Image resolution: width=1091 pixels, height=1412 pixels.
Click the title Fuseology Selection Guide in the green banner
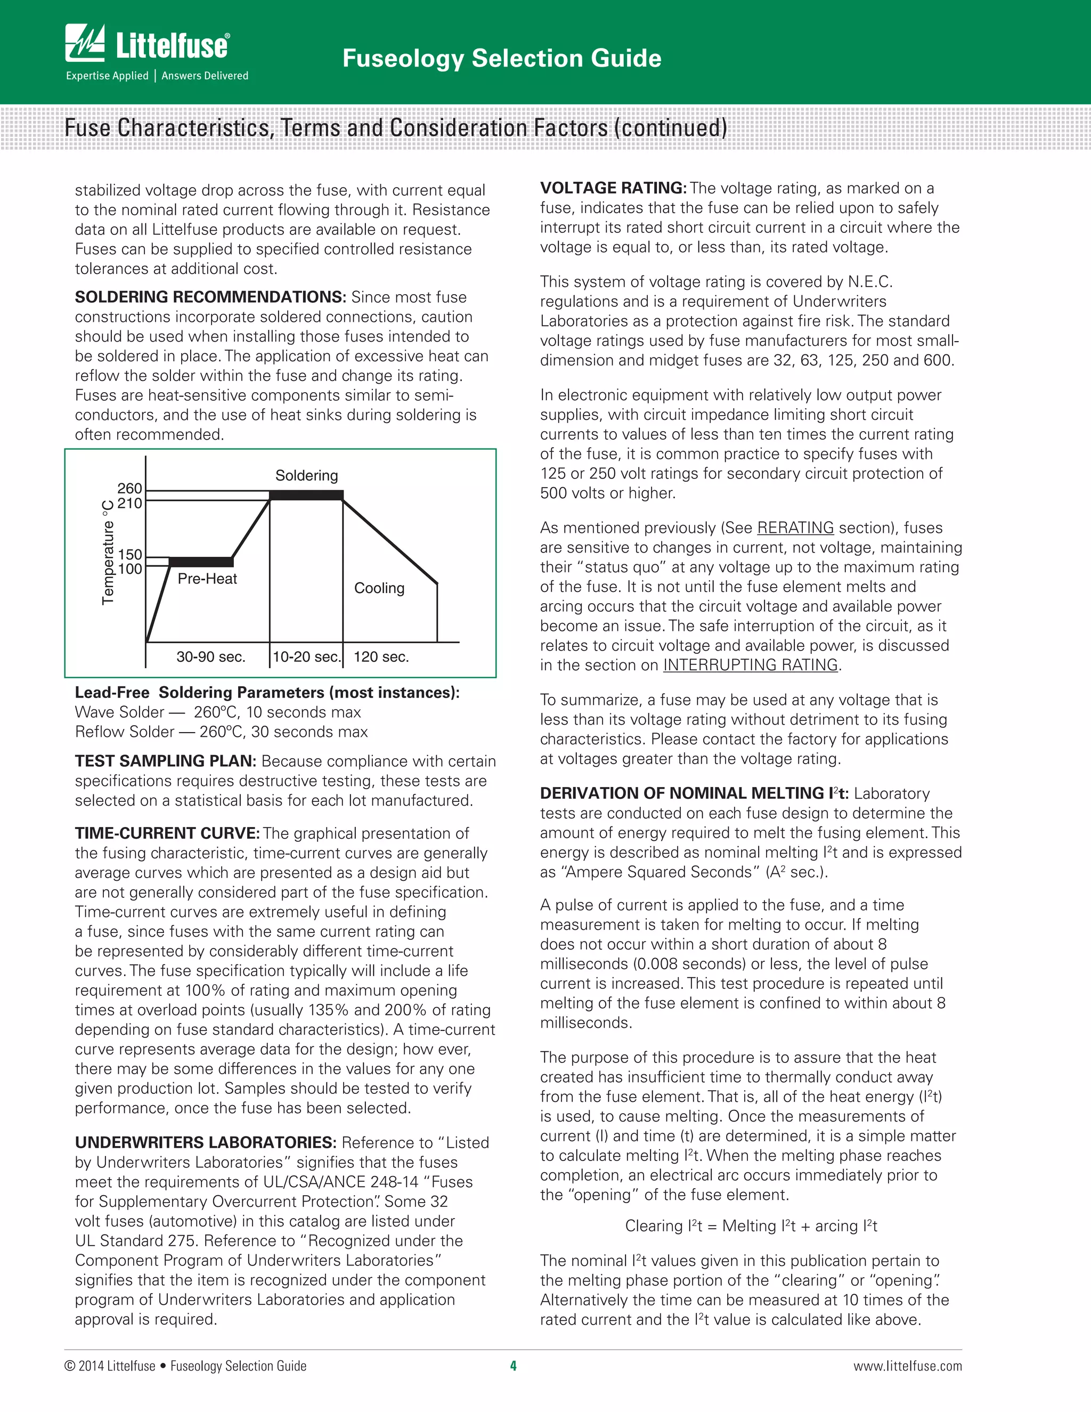(x=501, y=58)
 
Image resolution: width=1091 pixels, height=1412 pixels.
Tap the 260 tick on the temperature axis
(x=129, y=488)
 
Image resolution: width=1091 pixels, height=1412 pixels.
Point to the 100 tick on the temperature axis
(x=129, y=569)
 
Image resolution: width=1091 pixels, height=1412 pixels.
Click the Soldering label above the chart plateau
(x=306, y=475)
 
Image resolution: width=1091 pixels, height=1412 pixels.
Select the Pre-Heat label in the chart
(x=207, y=579)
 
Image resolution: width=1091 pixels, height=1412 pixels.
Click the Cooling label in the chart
(x=379, y=588)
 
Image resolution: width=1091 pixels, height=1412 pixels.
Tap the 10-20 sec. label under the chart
(x=306, y=657)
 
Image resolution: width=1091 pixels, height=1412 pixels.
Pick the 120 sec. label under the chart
(x=381, y=657)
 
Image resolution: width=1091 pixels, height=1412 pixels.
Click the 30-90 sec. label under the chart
(x=211, y=657)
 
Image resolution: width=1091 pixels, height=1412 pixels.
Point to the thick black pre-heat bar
(x=201, y=561)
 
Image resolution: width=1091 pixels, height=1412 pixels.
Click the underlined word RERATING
(x=795, y=528)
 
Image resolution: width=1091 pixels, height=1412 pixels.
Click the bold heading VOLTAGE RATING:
(x=613, y=188)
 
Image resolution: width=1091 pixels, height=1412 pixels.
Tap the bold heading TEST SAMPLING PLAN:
(x=166, y=761)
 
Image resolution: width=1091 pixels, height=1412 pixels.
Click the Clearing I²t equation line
(x=751, y=1226)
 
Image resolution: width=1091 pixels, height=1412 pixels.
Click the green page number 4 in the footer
(x=513, y=1366)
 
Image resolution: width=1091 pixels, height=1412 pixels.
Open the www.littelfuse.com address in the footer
(x=907, y=1366)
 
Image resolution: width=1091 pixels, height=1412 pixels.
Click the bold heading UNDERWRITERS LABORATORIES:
(x=205, y=1142)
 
